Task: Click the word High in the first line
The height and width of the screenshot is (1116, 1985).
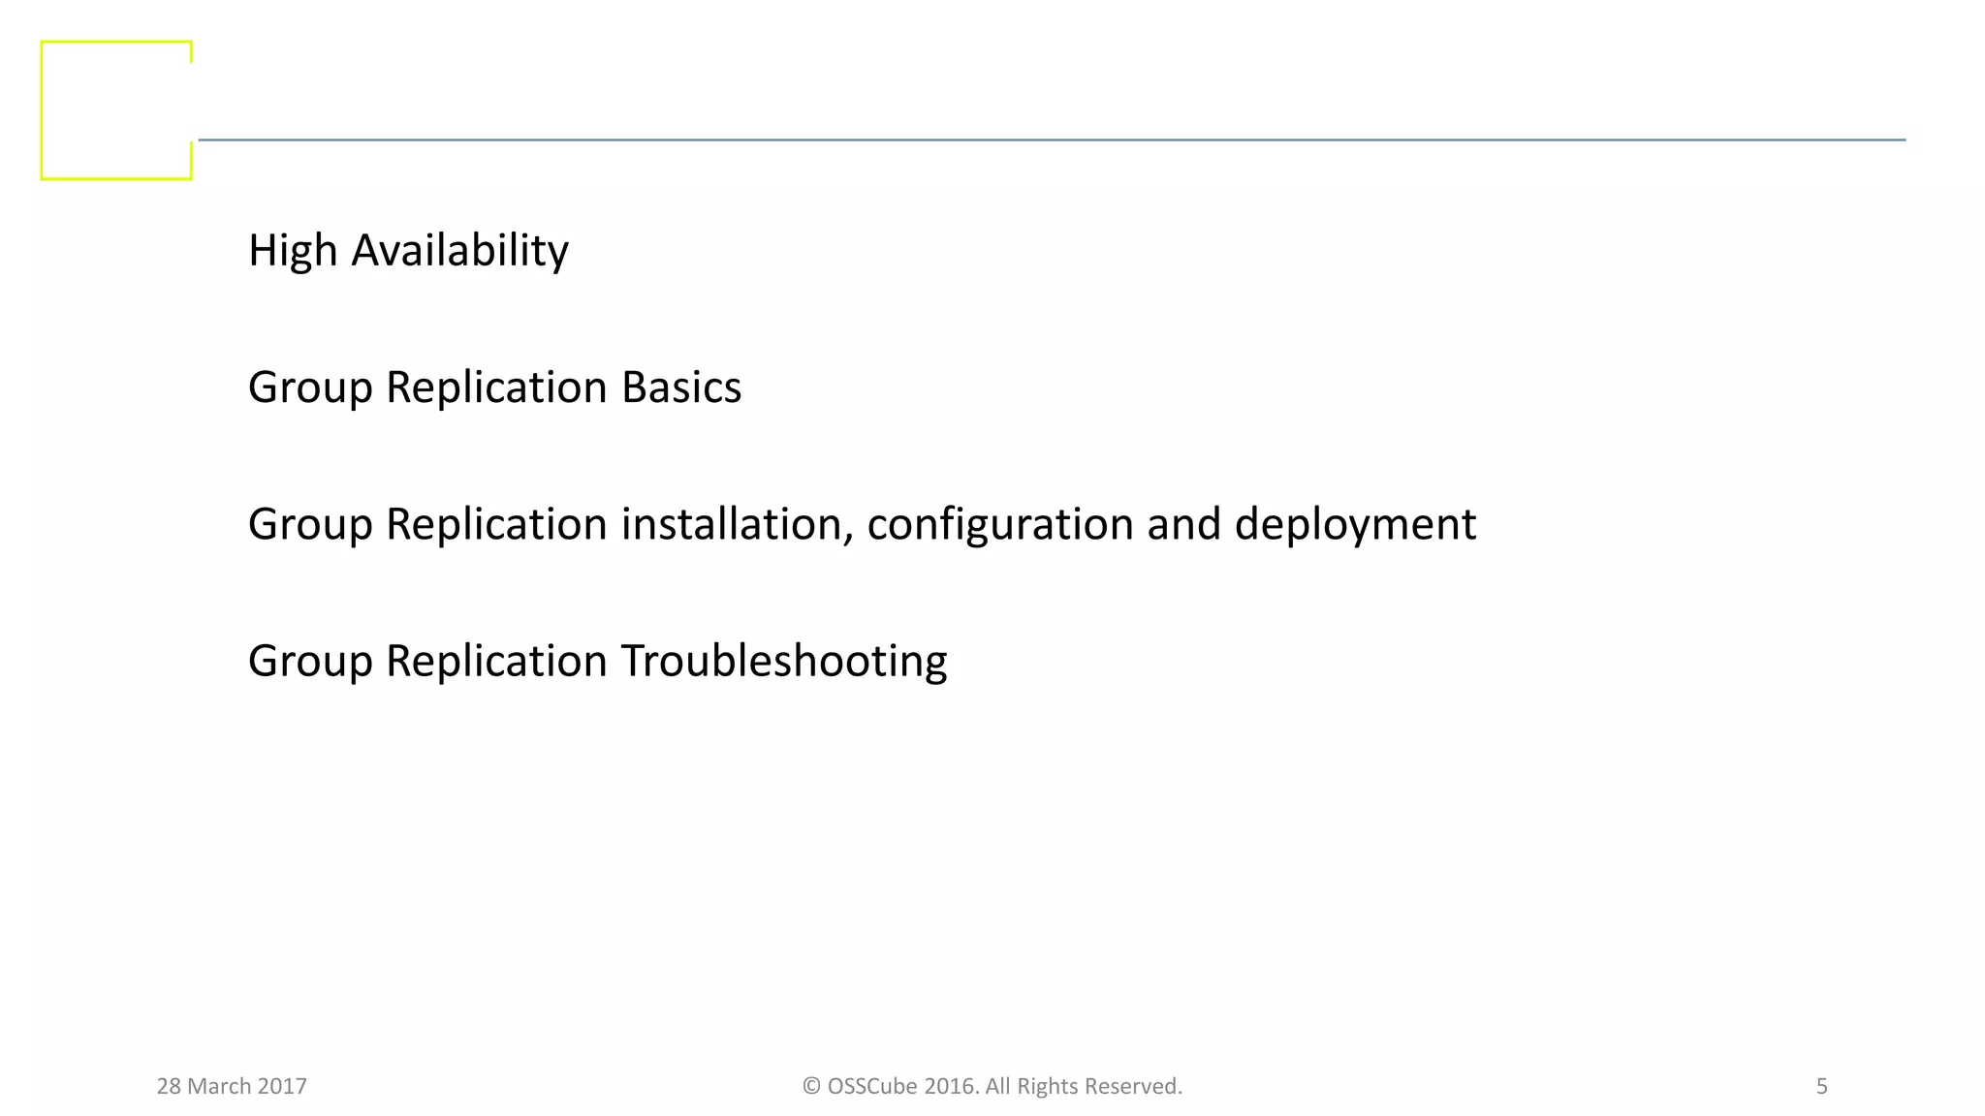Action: (292, 251)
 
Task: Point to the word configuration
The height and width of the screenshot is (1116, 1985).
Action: (999, 524)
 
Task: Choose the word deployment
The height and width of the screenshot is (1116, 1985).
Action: (1355, 524)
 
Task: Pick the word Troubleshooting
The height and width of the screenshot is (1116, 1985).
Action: (783, 661)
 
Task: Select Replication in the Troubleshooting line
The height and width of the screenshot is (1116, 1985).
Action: (496, 661)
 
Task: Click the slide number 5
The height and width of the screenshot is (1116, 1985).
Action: (1821, 1086)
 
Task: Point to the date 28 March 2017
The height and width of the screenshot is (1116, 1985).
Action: (232, 1086)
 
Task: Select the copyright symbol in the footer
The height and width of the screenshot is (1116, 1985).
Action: (811, 1086)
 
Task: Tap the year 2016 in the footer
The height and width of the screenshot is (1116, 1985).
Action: (950, 1086)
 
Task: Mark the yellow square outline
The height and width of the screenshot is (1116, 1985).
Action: (42, 110)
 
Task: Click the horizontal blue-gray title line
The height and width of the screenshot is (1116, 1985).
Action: (1052, 139)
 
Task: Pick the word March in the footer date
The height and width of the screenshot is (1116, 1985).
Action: (219, 1086)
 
